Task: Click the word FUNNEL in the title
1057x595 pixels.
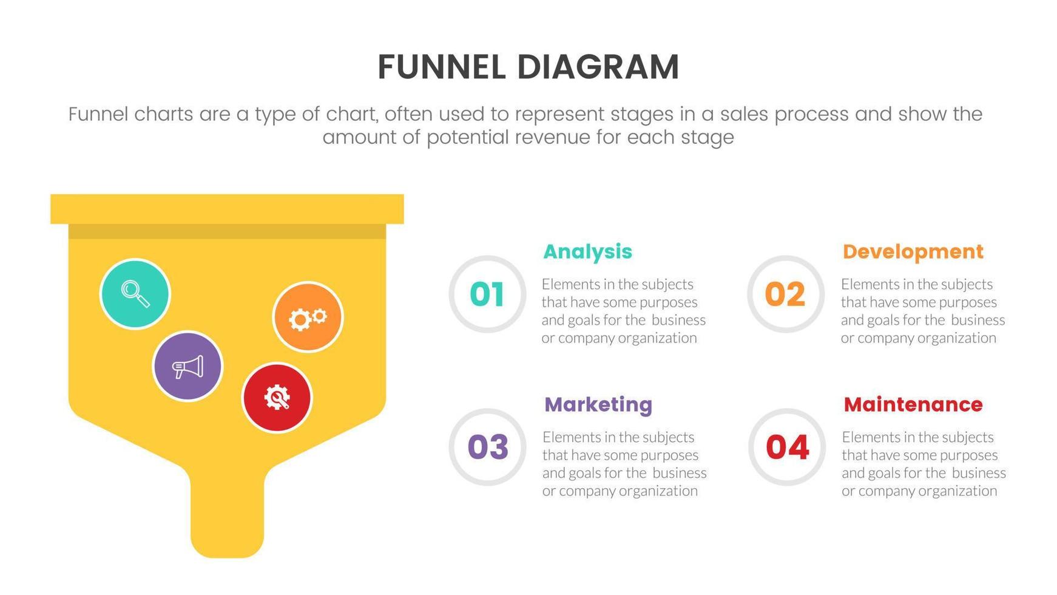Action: click(441, 67)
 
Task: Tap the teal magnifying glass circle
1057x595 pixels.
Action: click(135, 294)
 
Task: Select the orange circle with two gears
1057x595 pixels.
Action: click(308, 317)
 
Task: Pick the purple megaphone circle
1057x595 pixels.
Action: click(187, 366)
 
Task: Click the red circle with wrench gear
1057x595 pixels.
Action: click(277, 398)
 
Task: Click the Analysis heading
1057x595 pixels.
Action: click(587, 251)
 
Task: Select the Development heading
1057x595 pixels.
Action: click(913, 251)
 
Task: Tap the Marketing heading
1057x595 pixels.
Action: click(598, 404)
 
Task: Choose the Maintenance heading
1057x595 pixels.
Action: click(913, 404)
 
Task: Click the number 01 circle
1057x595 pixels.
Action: click(487, 294)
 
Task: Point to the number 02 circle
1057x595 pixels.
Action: click(785, 294)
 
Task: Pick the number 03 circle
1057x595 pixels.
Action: click(487, 447)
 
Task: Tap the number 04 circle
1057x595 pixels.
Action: click(787, 447)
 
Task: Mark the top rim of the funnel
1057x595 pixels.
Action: click(227, 209)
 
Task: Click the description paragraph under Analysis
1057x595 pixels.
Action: click(623, 311)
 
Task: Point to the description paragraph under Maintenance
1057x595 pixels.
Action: click(924, 464)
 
